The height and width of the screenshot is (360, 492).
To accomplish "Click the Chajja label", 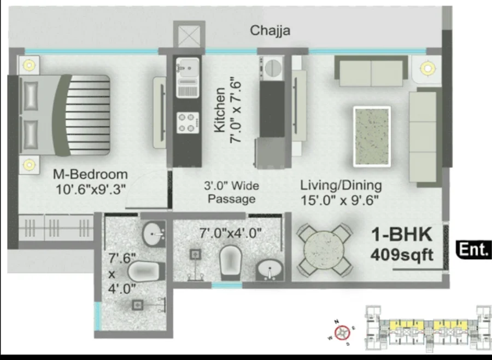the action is pos(270,31).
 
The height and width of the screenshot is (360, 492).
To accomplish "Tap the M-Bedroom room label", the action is pos(90,174).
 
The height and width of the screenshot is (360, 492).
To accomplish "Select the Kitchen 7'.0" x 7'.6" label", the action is pos(228,110).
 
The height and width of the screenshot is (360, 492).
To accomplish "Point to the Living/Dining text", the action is pos(341,185).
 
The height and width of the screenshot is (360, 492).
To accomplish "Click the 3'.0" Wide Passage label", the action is pos(232,192).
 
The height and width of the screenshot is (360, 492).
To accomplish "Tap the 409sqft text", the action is pos(402,255).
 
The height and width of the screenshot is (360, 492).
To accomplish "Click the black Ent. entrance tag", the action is pos(474,249).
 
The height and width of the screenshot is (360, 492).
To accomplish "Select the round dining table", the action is pos(324,249).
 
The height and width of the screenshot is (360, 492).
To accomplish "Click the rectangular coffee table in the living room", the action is pos(372,136).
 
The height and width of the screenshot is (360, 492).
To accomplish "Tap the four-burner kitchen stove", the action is pos(188,123).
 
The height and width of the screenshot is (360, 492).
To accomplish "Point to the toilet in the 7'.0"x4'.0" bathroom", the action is pos(230,263).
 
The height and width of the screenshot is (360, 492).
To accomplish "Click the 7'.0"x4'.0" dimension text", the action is pos(230,234).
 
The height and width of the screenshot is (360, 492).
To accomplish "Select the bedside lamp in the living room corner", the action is pos(427,68).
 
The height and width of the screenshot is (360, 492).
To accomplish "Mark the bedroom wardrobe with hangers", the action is pos(56,228).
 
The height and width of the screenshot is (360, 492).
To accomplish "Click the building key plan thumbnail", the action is pos(428,328).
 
